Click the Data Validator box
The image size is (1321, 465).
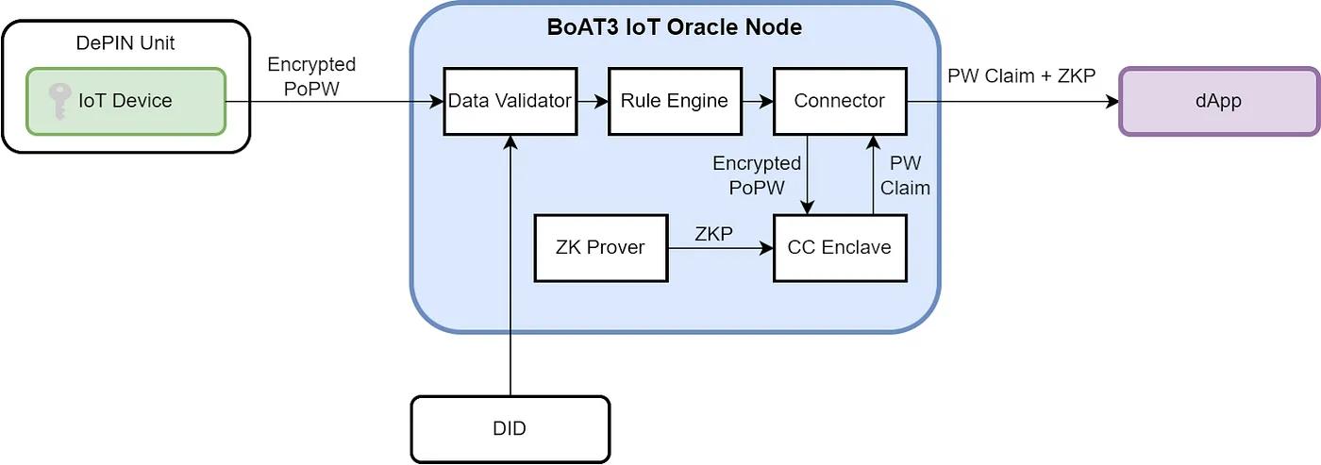point(510,101)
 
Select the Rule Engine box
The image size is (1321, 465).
point(674,101)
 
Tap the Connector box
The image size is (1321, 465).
point(840,101)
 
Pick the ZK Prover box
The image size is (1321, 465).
point(601,248)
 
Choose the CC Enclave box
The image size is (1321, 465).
point(840,248)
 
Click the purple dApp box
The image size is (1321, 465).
point(1217,101)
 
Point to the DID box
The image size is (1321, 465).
point(510,429)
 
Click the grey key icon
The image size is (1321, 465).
point(59,101)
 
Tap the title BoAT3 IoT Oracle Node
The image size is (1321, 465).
point(675,27)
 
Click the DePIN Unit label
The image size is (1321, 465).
point(125,43)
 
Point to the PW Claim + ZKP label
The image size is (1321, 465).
point(1022,75)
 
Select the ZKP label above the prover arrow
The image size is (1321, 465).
point(713,234)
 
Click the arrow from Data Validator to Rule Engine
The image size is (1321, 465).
point(592,101)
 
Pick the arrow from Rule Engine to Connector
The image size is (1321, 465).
point(757,101)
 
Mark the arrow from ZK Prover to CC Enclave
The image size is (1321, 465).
point(720,248)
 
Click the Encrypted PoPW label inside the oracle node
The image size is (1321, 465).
point(757,175)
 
